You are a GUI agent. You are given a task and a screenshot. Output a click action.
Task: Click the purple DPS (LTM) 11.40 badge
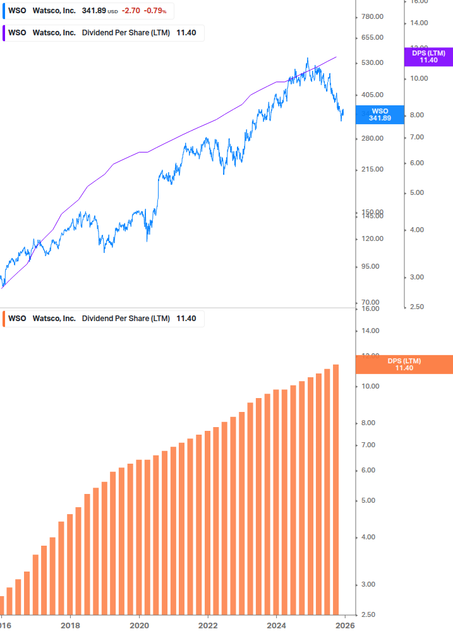(x=428, y=57)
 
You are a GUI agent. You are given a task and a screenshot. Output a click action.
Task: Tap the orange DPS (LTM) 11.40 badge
(x=404, y=365)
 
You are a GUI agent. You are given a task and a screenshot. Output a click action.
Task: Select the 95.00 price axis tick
(x=371, y=266)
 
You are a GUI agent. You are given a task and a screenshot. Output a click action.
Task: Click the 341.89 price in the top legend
(x=94, y=11)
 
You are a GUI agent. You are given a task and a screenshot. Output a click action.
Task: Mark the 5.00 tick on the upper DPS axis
(x=418, y=193)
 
